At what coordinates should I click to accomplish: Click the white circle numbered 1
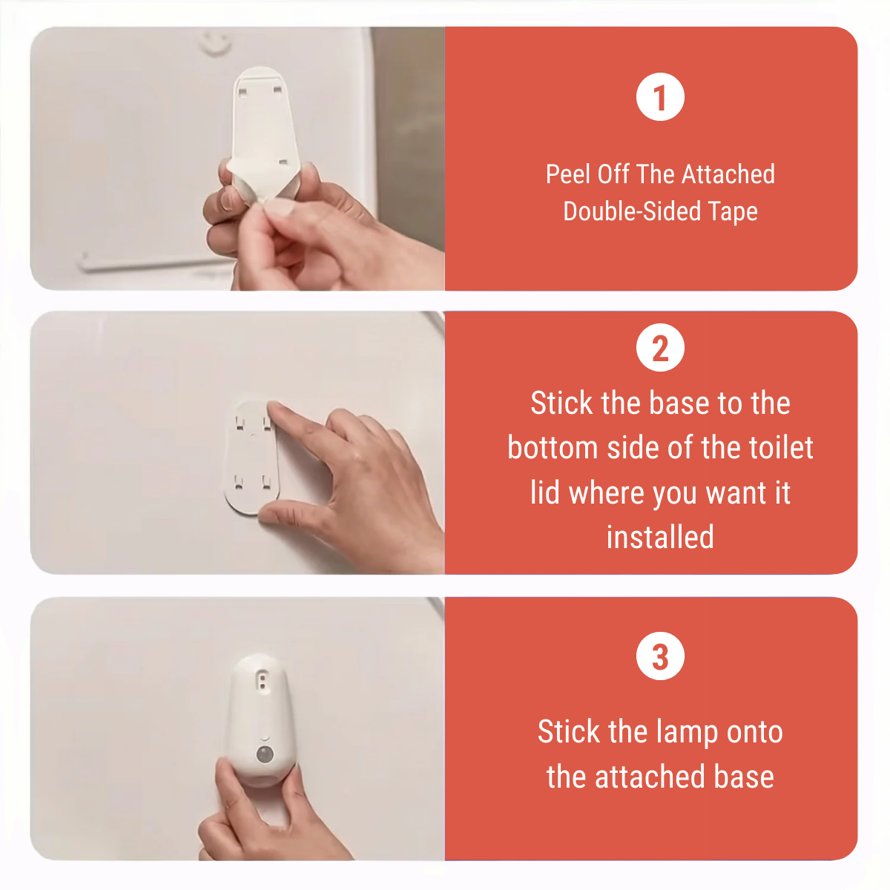point(660,96)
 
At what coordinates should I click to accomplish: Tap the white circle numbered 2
point(660,347)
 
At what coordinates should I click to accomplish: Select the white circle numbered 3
point(660,656)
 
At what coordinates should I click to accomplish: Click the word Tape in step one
point(733,212)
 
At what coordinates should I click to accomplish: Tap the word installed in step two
point(660,537)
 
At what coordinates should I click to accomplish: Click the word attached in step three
point(650,777)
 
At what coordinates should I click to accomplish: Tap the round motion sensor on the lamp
point(264,755)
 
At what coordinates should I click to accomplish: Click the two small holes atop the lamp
point(263,682)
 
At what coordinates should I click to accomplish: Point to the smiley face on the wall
point(216,43)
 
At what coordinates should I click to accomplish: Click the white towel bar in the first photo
point(153,263)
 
